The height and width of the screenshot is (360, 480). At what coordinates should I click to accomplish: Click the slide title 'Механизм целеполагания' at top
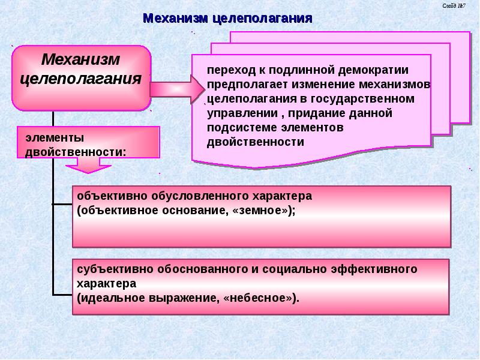(227, 18)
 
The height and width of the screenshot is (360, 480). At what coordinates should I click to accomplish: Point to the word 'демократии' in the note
(376, 70)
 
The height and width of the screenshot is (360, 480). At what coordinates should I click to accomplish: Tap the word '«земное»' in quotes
(261, 210)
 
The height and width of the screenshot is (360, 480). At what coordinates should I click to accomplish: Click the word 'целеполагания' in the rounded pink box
(81, 79)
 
